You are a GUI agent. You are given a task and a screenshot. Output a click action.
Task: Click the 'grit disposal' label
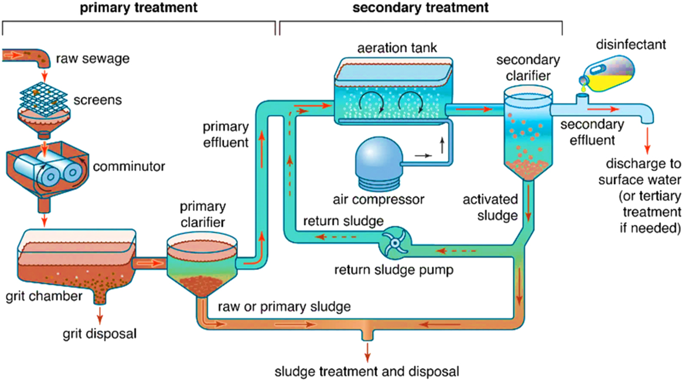(100, 334)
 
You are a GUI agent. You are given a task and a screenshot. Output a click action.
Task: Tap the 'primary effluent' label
(226, 134)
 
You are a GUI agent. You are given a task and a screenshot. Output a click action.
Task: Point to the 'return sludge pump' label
(393, 270)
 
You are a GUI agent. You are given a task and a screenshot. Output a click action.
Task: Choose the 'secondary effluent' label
(592, 132)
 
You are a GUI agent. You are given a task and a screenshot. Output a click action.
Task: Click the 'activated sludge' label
(490, 207)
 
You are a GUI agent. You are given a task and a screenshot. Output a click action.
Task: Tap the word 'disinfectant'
(631, 45)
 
